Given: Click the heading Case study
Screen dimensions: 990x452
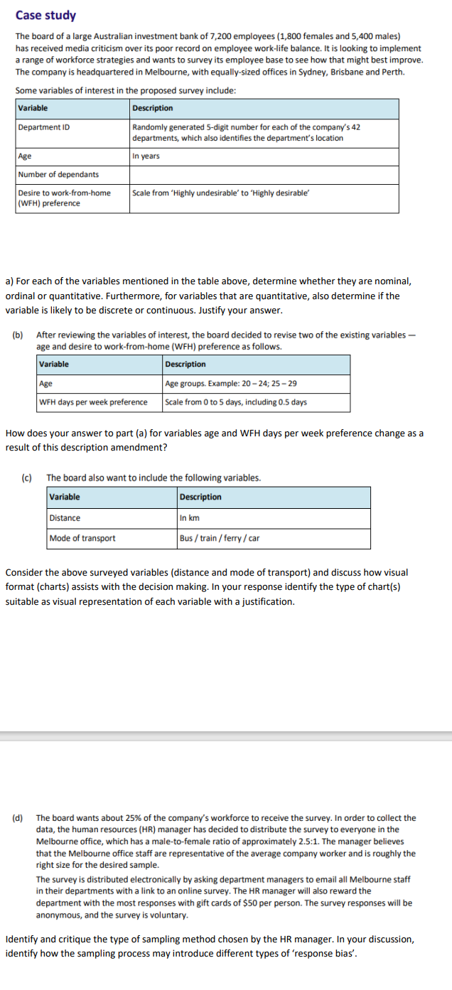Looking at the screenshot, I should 45,15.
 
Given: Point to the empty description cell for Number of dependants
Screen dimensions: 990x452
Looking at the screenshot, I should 263,175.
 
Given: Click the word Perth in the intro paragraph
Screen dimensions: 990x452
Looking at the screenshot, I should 392,72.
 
